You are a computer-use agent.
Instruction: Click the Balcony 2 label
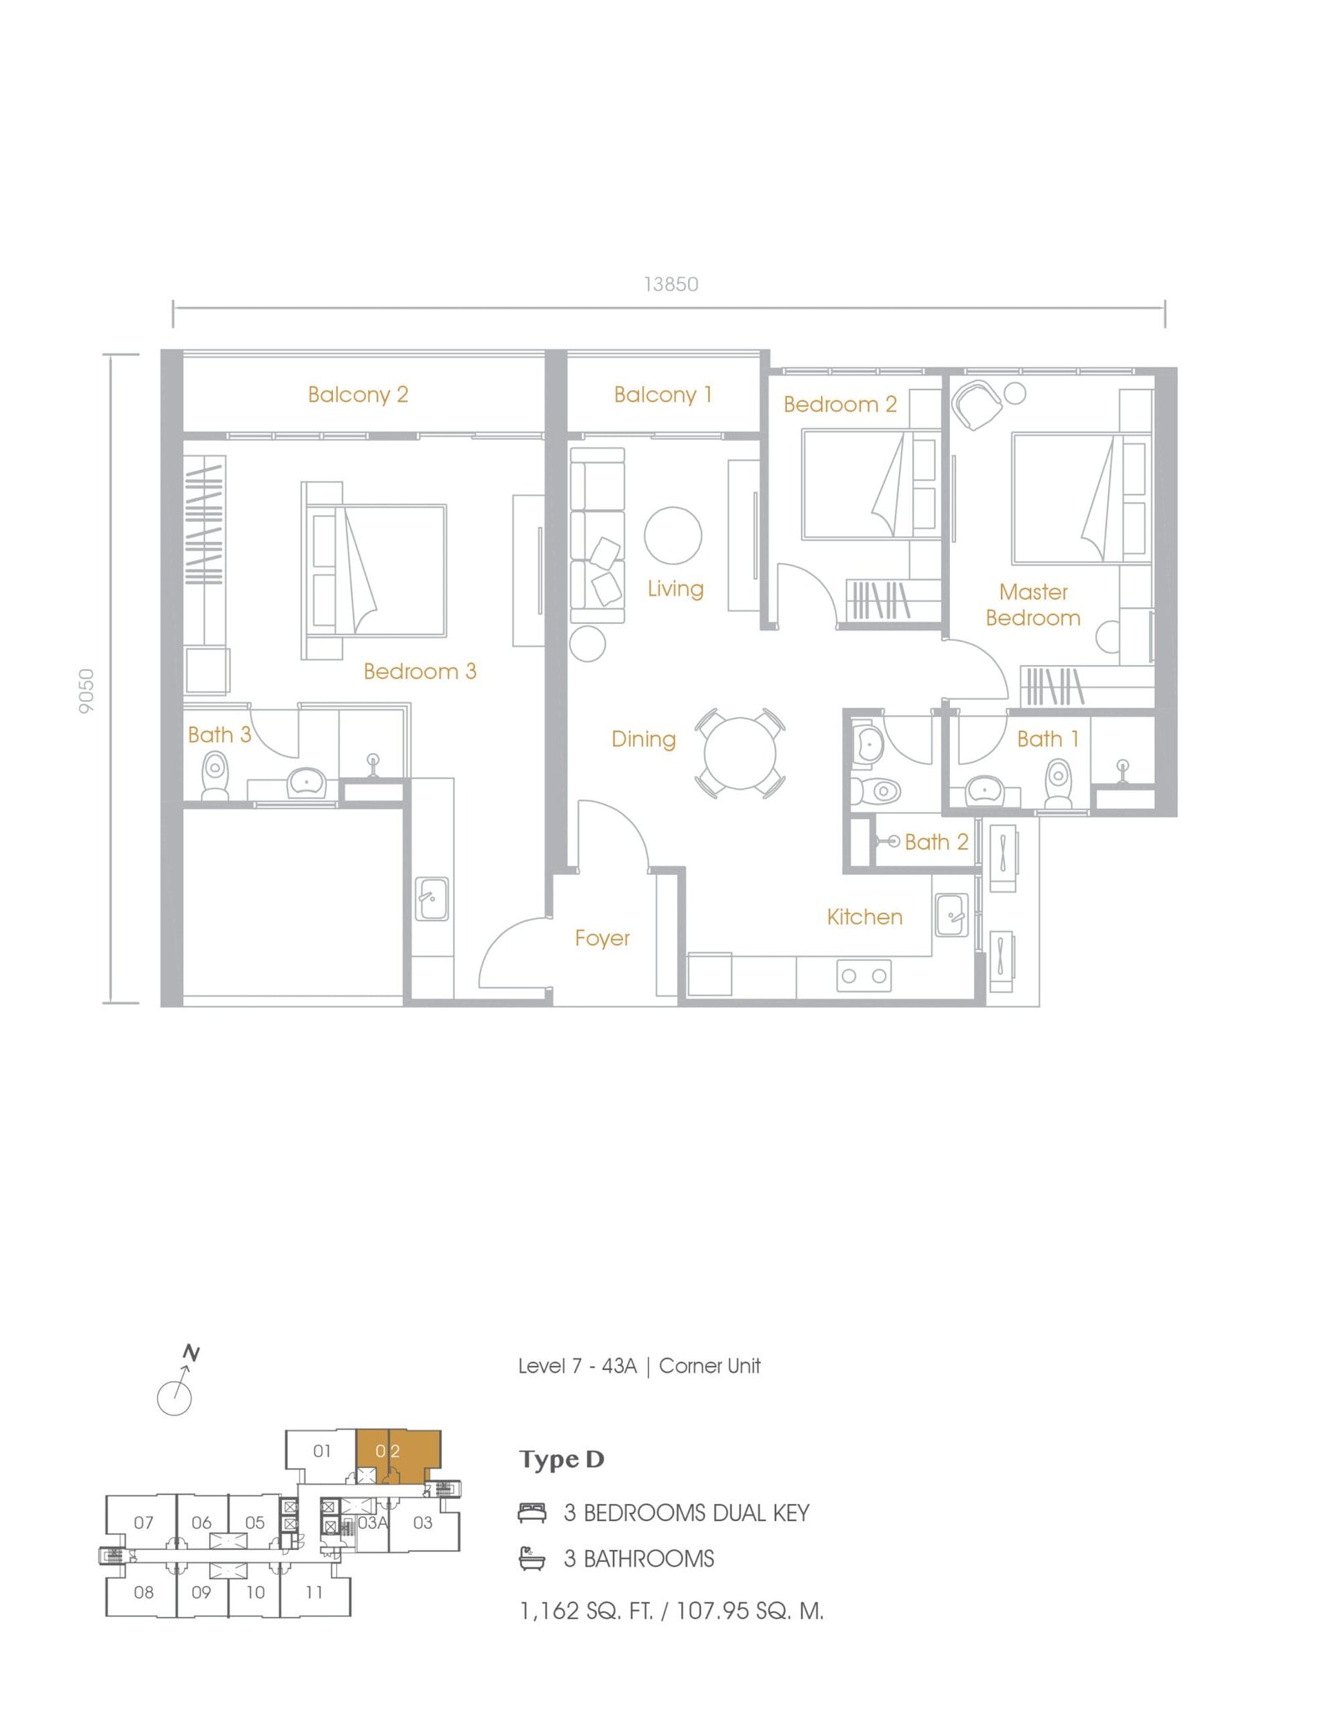358,394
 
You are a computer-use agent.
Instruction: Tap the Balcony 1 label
663,394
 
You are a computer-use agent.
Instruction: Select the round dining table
739,753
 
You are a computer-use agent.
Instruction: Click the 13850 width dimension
671,284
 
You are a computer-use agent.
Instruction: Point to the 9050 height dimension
86,691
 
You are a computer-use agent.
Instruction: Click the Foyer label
602,939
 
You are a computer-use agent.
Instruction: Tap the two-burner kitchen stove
864,975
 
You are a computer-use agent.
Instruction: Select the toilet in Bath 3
215,775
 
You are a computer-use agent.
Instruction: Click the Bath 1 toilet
1059,782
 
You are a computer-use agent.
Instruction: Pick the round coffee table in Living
673,535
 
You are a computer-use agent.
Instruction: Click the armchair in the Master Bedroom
978,405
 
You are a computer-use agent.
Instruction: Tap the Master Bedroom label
1034,605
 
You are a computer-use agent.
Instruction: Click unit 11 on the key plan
314,1593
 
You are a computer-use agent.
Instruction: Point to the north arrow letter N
192,1353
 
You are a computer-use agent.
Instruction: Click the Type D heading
561,1460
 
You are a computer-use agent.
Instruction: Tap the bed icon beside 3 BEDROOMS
532,1512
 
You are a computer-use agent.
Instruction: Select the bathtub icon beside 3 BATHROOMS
532,1558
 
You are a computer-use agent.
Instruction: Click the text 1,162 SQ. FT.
586,1611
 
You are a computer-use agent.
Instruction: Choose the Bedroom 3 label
420,671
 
